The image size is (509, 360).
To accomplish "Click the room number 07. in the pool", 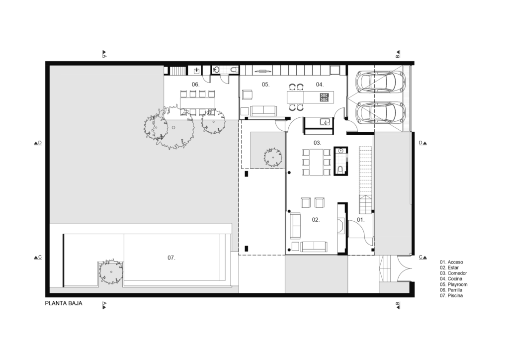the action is coord(171,258).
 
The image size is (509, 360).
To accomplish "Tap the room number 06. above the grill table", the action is coord(195,85).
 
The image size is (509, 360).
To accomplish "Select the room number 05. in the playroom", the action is coord(265,85).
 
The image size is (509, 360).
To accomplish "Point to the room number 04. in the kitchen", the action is coord(320,85).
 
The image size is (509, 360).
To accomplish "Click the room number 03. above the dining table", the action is coord(317,143).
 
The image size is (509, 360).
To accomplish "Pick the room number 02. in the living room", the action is coord(316,220).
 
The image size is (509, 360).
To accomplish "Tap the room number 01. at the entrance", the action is coord(361,220).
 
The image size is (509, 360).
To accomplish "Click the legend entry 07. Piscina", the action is coord(451,296).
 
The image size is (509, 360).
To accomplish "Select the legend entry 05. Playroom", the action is coord(454,284).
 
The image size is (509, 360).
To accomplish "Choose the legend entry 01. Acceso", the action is coord(451,262).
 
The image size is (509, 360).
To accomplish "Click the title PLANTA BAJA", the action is coord(64,303).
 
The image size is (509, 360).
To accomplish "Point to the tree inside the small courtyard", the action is coord(273,158).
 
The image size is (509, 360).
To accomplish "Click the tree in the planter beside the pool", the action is coord(111,271).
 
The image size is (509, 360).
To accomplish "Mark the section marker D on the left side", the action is coord(38,143).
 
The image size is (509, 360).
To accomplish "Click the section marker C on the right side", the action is coord(423,257).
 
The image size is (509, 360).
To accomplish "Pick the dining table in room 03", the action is coord(317,162).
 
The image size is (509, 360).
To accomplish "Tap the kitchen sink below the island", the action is coord(325,122).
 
